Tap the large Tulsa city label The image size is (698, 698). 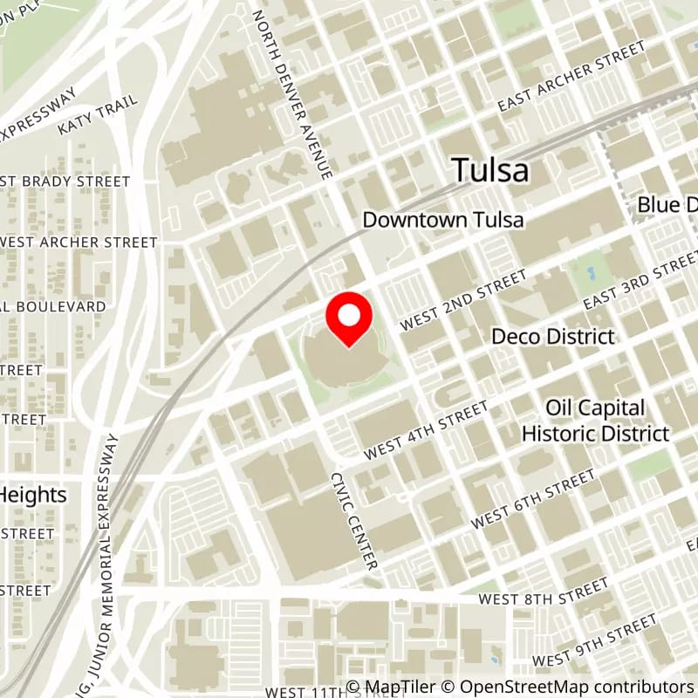[x=490, y=170]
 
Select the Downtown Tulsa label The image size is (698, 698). [x=443, y=219]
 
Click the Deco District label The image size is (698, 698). [x=553, y=336]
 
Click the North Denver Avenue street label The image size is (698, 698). [x=292, y=94]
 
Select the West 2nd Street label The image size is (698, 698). [x=464, y=299]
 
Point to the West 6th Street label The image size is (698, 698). [x=533, y=498]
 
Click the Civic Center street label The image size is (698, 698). [x=353, y=522]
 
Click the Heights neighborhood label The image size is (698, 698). [x=33, y=495]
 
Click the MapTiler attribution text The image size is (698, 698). [x=389, y=687]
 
